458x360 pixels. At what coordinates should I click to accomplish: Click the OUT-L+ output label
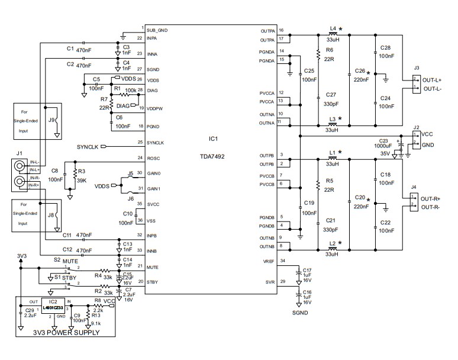click(x=435, y=81)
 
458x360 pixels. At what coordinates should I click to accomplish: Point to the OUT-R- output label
click(x=435, y=207)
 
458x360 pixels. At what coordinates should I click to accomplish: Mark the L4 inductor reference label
click(x=333, y=28)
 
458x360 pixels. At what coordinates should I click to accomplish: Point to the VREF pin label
click(x=267, y=261)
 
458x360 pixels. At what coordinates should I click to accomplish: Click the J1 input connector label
click(x=20, y=153)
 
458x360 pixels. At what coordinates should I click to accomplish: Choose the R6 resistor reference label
click(x=330, y=50)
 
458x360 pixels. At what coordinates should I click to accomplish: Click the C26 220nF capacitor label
click(x=360, y=72)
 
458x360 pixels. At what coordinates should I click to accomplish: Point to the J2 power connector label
click(x=417, y=127)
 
